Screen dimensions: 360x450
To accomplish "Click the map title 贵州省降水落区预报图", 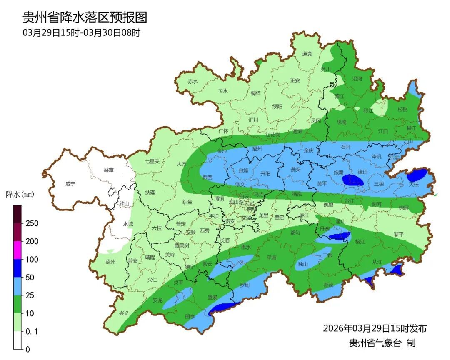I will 85,17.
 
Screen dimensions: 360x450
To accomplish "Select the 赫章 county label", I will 109,170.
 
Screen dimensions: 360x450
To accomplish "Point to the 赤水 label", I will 192,82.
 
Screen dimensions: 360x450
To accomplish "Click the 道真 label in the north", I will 307,54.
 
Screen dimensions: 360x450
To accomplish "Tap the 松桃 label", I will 402,110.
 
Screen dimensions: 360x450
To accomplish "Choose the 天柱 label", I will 413,184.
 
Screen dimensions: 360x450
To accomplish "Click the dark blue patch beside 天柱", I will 416,175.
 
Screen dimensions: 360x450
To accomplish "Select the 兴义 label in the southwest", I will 124,313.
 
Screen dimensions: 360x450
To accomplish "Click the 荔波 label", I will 328,285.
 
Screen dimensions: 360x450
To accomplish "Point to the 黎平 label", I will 399,234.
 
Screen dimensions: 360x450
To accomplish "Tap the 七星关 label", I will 152,161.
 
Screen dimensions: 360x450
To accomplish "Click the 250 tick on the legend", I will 32,223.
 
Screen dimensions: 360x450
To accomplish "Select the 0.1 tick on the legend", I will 32,331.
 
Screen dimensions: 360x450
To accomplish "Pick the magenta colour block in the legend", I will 17,250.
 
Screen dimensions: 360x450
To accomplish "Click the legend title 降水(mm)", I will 20,194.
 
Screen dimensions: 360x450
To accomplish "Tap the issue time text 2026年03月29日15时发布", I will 375,328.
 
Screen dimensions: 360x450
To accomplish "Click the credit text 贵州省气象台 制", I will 382,343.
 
